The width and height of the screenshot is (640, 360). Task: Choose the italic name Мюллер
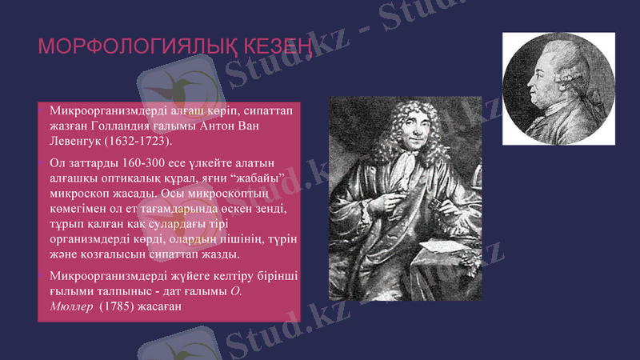tap(70, 306)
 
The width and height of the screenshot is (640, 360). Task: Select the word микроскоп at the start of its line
tap(78, 194)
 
